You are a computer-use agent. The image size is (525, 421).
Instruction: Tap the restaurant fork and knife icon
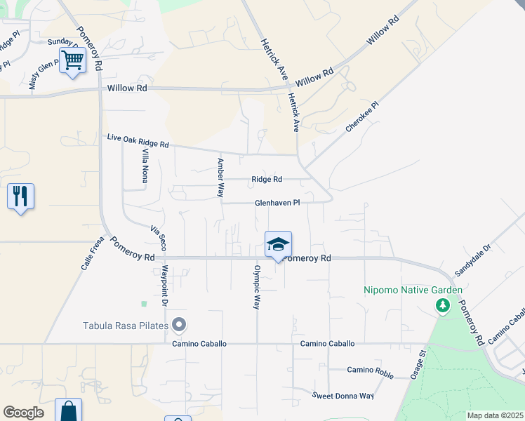(x=20, y=196)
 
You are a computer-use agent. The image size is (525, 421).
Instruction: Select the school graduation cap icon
(x=278, y=245)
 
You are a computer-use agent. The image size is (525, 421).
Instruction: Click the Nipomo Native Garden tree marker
(x=442, y=305)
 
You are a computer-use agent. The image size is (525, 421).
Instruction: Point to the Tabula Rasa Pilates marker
(x=179, y=325)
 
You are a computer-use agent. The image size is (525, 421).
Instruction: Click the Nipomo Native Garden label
(x=413, y=290)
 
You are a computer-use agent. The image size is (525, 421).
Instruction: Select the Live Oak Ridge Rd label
(x=138, y=140)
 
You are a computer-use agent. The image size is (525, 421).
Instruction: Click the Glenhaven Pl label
(x=277, y=202)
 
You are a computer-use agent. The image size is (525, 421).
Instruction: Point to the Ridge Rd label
(x=267, y=180)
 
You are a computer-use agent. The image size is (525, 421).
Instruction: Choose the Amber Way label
(x=220, y=177)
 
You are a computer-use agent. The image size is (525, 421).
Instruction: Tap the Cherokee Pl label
(x=361, y=117)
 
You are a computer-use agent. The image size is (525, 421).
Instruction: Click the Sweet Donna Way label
(x=343, y=396)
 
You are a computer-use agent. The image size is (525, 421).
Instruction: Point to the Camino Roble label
(x=371, y=371)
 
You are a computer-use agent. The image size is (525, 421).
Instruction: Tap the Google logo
(x=23, y=413)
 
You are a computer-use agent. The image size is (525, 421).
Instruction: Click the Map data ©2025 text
(x=495, y=415)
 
